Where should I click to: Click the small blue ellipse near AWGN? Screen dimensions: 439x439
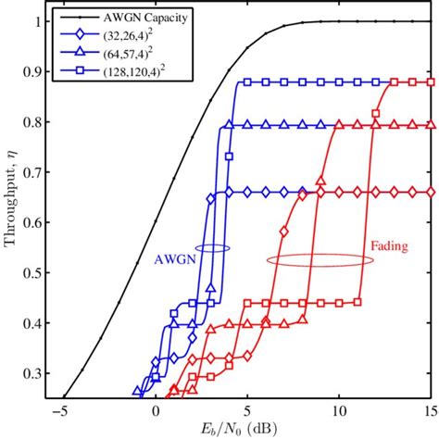214,248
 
